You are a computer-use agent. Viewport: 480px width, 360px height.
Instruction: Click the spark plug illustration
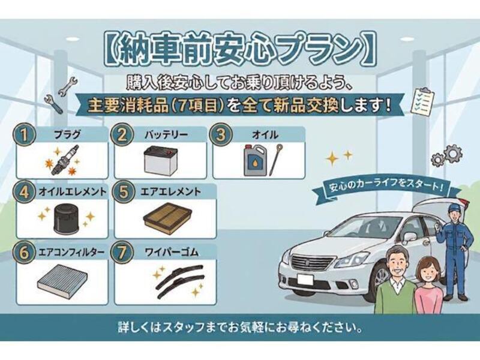click(x=65, y=160)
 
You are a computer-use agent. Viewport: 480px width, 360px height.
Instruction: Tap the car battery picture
click(x=160, y=161)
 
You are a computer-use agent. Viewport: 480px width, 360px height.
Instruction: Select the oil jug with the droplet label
click(x=254, y=160)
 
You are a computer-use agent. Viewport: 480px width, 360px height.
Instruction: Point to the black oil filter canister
click(x=66, y=218)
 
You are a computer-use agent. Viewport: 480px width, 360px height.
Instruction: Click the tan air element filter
click(x=167, y=217)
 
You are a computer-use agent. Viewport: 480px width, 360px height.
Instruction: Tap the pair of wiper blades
click(x=179, y=281)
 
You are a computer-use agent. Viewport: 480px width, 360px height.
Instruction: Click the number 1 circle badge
click(x=24, y=134)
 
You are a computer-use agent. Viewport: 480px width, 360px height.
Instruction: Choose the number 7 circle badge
click(x=122, y=253)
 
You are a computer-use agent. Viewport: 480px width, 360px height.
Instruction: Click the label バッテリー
click(x=166, y=134)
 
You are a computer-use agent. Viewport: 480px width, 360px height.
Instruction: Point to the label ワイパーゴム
click(x=172, y=253)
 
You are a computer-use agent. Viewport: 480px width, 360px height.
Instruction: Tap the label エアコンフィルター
click(x=71, y=253)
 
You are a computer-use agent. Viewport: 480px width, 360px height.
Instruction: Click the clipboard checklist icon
click(x=423, y=102)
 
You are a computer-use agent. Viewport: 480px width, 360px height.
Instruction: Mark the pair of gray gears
click(x=446, y=156)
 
